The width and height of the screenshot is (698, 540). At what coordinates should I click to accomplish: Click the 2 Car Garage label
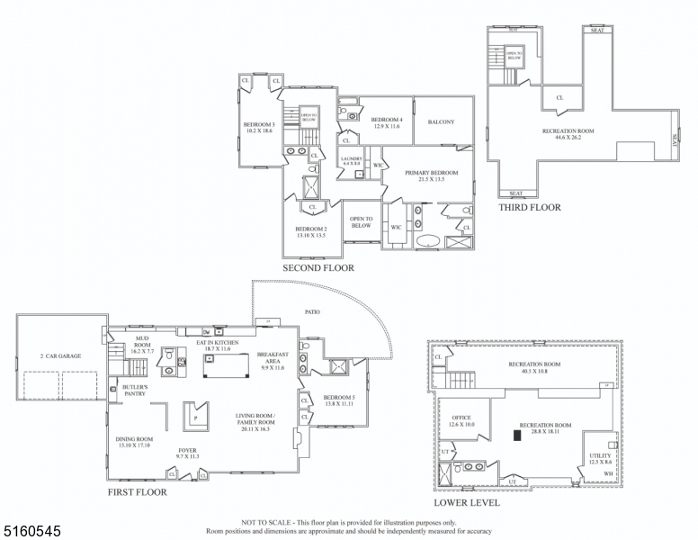coord(60,356)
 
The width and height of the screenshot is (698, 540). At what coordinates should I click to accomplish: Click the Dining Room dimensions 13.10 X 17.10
coord(132,445)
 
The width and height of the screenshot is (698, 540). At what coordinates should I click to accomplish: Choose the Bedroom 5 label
coord(338,397)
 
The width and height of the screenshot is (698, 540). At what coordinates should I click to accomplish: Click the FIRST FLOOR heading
coord(137,492)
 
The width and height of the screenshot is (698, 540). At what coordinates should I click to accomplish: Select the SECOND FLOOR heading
coord(318,267)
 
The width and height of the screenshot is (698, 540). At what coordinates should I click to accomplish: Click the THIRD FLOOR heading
coord(529,207)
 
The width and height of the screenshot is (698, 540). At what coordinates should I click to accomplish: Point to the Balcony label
coord(441,121)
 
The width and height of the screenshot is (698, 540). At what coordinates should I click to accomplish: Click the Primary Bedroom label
coord(431,173)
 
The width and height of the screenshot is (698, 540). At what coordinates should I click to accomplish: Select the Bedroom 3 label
coord(259,125)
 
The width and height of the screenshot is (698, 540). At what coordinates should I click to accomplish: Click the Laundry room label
coord(351,158)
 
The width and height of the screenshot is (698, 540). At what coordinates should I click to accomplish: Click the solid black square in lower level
coord(517,436)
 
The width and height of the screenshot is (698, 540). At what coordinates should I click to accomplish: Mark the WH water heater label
coord(609,473)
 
